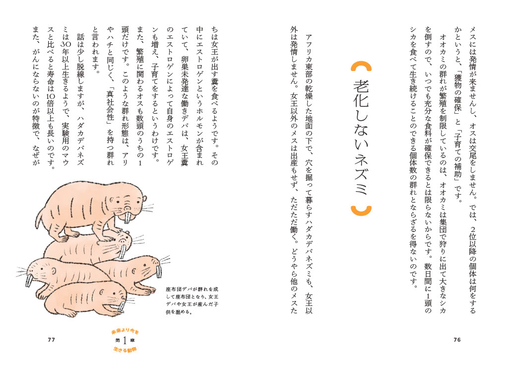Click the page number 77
pyautogui.click(x=51, y=340)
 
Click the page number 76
pyautogui.click(x=457, y=340)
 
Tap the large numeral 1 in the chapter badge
pyautogui.click(x=125, y=341)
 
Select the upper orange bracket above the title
pyautogui.click(x=361, y=67)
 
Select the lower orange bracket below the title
pyautogui.click(x=361, y=211)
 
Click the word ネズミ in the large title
pyautogui.click(x=361, y=174)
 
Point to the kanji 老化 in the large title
pyautogui.click(x=361, y=93)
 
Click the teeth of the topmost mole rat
pyautogui.click(x=129, y=218)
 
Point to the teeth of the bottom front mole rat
pyautogui.click(x=121, y=306)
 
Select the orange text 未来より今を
pyautogui.click(x=125, y=331)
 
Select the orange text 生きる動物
pyautogui.click(x=125, y=350)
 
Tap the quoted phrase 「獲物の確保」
pyautogui.click(x=457, y=94)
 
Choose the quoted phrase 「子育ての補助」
pyautogui.click(x=457, y=155)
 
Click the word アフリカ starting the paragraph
pyautogui.click(x=309, y=49)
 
